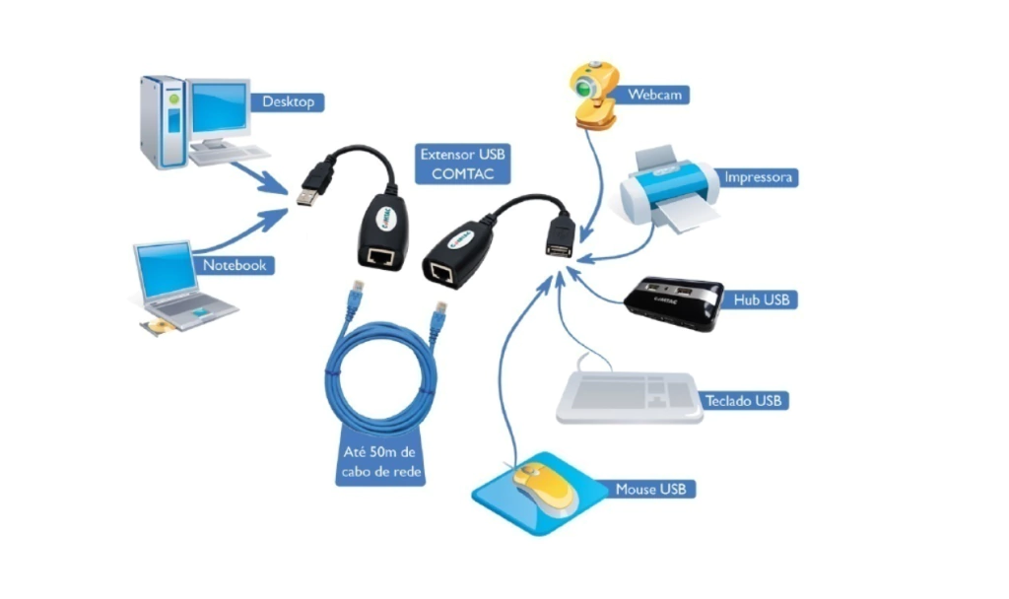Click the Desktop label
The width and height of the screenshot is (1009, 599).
(x=288, y=101)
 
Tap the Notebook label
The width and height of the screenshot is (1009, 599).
(x=234, y=265)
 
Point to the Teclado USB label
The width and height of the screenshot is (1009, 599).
(x=743, y=401)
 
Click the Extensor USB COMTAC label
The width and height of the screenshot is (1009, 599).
(x=463, y=165)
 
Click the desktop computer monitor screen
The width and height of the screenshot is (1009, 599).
(x=218, y=108)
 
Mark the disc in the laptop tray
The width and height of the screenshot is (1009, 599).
(x=157, y=326)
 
